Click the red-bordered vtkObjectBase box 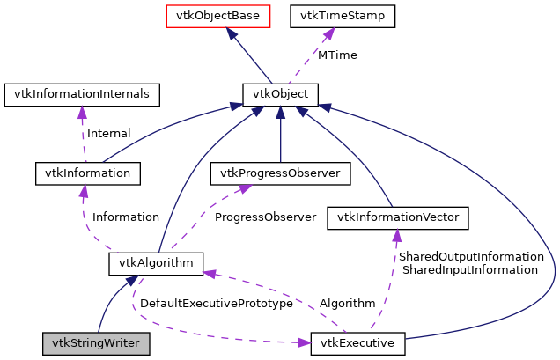[229, 16]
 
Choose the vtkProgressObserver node [280, 173]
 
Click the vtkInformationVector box [397, 217]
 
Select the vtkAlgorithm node [157, 263]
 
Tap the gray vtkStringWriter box [96, 342]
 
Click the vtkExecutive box [357, 342]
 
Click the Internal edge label [108, 134]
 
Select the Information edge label [126, 217]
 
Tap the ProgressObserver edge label [265, 217]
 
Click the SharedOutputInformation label [471, 256]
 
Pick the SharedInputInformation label [469, 270]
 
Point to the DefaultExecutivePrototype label [216, 303]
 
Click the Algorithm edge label [347, 303]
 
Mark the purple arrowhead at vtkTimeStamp [328, 33]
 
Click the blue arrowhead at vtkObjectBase [230, 33]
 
